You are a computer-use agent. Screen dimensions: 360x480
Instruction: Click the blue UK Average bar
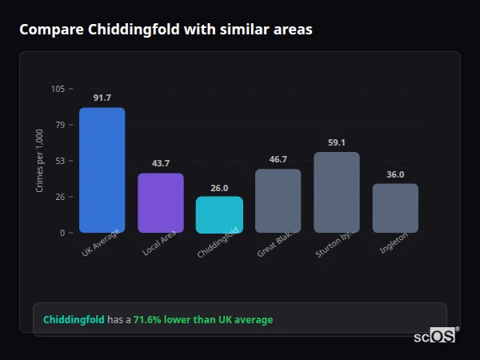click(x=102, y=170)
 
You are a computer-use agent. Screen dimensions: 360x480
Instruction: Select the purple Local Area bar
click(x=161, y=202)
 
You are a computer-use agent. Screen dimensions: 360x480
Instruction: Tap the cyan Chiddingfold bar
click(x=219, y=214)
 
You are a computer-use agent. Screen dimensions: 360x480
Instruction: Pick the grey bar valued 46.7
click(x=278, y=201)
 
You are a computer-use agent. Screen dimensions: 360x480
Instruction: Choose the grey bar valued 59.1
click(x=337, y=192)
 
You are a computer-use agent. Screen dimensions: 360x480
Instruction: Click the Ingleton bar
click(x=395, y=208)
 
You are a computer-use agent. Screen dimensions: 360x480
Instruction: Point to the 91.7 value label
click(x=102, y=98)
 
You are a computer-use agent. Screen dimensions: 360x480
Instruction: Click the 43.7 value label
click(x=161, y=163)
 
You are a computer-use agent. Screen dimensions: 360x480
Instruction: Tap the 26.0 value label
click(x=219, y=187)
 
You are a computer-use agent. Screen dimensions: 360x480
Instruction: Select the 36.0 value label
click(x=395, y=174)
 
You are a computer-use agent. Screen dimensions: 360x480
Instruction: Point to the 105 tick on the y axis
click(x=58, y=89)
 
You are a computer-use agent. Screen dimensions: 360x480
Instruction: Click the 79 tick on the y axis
click(x=60, y=125)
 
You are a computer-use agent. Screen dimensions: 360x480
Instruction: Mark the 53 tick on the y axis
click(x=60, y=161)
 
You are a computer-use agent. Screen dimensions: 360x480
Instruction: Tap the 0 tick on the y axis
click(x=62, y=233)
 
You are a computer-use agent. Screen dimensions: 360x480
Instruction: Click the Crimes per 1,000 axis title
click(x=39, y=160)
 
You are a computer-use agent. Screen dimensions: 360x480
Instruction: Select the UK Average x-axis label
click(x=101, y=244)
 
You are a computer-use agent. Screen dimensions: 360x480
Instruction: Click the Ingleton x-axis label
click(x=394, y=242)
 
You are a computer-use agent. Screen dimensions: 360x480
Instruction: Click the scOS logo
click(x=434, y=336)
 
